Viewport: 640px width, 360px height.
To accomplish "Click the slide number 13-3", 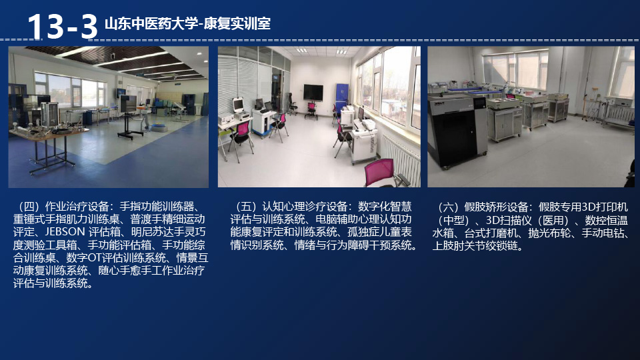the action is [62, 27].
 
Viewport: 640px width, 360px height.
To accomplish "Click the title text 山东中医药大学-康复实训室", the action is [187, 24].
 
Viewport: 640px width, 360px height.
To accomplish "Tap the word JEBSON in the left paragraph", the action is [65, 232].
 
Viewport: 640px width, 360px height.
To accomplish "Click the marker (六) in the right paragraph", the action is [448, 207].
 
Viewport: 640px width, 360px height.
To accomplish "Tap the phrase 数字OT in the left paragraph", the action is [84, 258].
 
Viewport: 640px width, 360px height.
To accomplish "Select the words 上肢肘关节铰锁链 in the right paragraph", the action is [475, 246].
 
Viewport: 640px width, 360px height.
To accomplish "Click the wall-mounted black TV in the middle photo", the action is [313, 92].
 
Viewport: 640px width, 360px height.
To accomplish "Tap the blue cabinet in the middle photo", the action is [341, 97].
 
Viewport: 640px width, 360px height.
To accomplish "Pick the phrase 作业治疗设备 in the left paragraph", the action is [77, 207].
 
